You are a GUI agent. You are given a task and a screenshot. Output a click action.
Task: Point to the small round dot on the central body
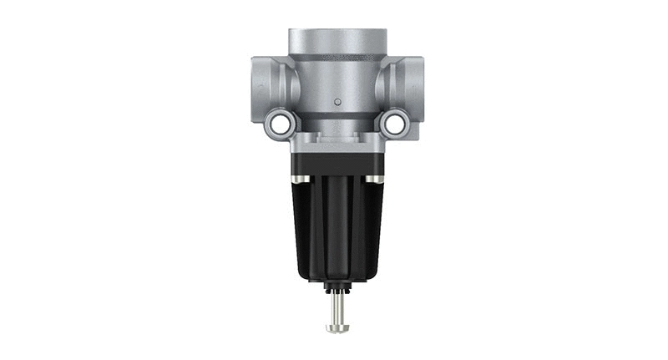(x=336, y=101)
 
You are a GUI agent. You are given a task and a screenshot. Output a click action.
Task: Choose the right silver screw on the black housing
(x=381, y=179)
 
